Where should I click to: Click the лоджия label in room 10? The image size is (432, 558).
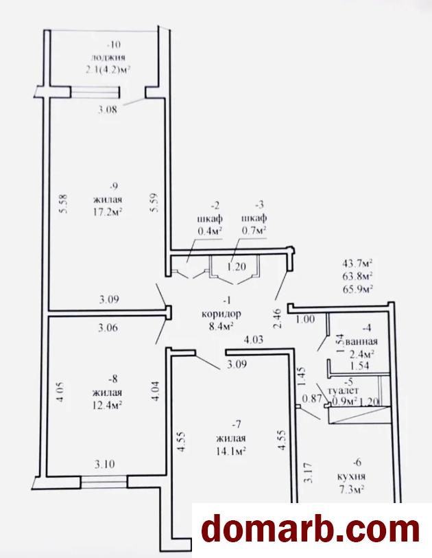[x=108, y=57]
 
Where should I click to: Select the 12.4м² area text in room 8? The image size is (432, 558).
[x=108, y=405]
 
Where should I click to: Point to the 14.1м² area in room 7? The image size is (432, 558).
[x=231, y=451]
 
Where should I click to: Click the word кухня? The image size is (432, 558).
[x=352, y=476]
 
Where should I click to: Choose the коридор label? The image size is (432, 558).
[x=221, y=314]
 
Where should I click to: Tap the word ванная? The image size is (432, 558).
[x=361, y=342]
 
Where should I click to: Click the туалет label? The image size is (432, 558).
[x=344, y=391]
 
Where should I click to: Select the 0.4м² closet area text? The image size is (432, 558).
[x=210, y=231]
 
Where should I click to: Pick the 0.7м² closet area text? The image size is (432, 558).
[x=254, y=231]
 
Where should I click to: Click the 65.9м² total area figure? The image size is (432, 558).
[x=357, y=288]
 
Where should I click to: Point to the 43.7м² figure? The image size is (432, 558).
[x=357, y=264]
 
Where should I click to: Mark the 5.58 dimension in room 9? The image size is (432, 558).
[x=64, y=203]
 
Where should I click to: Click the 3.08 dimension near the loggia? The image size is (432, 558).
[x=108, y=110]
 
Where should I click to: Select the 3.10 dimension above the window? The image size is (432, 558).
[x=104, y=464]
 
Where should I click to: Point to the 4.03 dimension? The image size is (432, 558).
[x=253, y=339]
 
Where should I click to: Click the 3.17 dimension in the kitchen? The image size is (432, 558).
[x=308, y=472]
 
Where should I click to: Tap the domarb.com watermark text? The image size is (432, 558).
[x=311, y=531]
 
